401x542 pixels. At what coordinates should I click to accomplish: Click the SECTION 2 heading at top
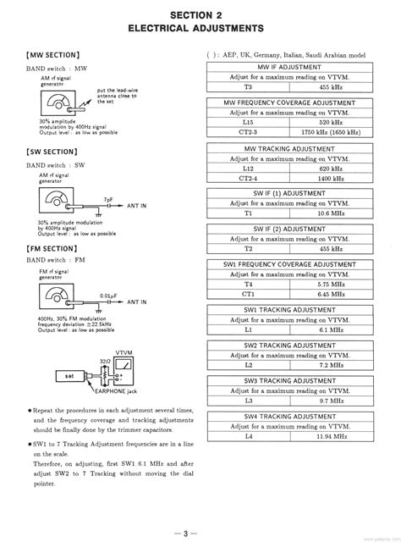200,15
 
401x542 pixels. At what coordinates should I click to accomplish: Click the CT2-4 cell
249,179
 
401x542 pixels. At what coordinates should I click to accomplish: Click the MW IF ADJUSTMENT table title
289,66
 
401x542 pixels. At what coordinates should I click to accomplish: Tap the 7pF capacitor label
107,199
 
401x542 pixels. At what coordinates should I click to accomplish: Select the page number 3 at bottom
200,531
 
